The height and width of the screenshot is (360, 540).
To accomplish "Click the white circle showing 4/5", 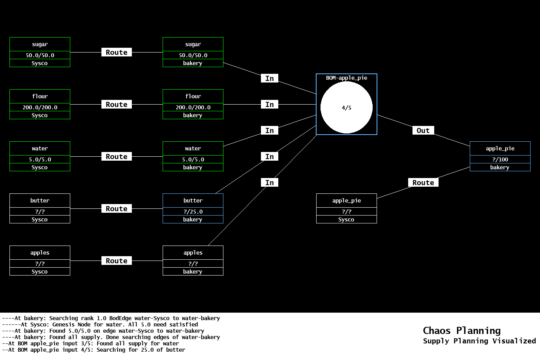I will coord(346,107).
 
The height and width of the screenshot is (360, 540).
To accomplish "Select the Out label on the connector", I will coord(423,131).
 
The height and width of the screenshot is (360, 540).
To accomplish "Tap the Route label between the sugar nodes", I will coord(116,52).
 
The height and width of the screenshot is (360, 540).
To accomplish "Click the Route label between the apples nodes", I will coord(116,261).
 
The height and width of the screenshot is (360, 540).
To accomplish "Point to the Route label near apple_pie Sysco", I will coord(423,183).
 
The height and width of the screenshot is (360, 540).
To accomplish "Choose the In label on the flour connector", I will coord(270,105).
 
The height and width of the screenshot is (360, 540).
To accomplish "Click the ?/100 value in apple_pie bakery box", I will coord(500,159).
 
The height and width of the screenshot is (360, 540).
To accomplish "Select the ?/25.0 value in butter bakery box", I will coord(193,212).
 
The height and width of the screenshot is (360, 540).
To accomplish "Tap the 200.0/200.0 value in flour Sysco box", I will coord(40,107).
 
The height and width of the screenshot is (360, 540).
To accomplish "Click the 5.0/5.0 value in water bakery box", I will coord(193,159).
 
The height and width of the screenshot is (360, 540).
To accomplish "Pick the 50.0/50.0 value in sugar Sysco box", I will coord(40,55).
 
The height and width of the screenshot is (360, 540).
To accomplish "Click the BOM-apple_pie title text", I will coord(346,78).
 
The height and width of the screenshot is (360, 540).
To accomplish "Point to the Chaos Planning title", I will coord(461,331).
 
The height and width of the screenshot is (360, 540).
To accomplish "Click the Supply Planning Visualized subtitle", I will coord(479,341).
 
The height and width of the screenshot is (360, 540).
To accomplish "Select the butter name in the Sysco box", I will coord(40,201).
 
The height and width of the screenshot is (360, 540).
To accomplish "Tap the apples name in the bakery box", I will coord(193,253).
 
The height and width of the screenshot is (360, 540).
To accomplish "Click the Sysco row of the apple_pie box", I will coord(346,219).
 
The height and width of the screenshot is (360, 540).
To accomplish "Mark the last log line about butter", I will coord(94,350).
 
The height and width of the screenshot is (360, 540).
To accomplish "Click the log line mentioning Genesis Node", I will coord(100,324).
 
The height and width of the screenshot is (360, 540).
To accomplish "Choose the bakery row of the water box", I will coord(193,167).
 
